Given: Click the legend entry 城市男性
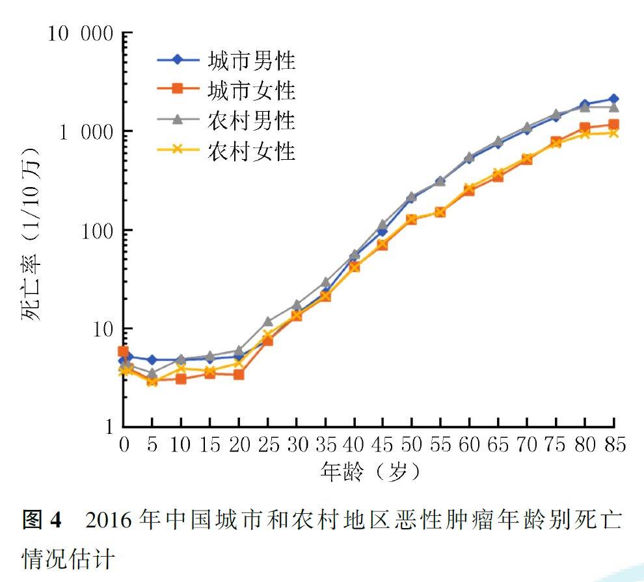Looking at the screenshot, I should point(251,61).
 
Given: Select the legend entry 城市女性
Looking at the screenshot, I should point(251,91).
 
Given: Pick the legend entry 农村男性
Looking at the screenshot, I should point(251,121).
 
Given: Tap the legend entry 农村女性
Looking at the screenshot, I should point(251,151).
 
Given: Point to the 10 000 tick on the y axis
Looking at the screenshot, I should point(78,33).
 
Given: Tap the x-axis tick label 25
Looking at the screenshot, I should point(267,445).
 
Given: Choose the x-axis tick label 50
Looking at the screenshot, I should point(411,445).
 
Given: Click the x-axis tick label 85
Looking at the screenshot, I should point(612,445).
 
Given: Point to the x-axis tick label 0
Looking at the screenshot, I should point(124,445).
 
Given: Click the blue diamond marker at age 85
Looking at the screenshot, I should point(613,99).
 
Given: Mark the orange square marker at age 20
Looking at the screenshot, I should point(239,375).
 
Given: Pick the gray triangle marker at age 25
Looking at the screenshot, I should point(267,322).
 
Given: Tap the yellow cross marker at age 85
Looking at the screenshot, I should point(613,133).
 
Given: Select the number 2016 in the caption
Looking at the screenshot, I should point(110,520).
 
